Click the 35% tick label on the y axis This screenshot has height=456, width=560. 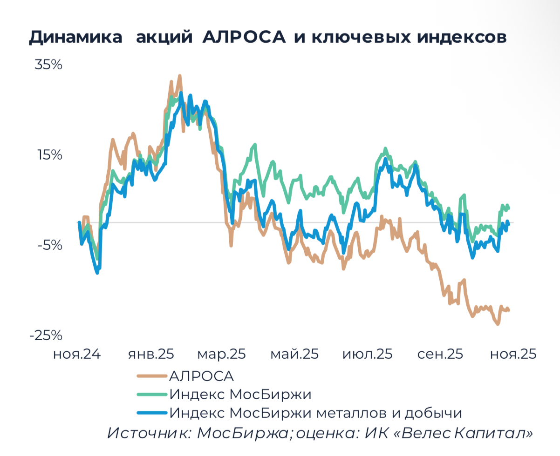coord(48,65)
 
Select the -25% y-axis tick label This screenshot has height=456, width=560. coord(46,335)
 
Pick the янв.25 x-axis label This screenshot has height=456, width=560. coord(151,354)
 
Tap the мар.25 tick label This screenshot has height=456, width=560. coord(221,354)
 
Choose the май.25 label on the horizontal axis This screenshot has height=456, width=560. coord(294,354)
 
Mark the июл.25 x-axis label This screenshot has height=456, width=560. coord(367,354)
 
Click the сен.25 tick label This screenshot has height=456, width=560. coord(440,354)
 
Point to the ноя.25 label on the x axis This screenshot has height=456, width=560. coord(513,354)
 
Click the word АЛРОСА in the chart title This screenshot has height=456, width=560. coord(244,38)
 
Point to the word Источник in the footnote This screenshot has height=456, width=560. coord(149,433)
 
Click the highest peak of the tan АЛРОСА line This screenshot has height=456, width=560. coord(179,76)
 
